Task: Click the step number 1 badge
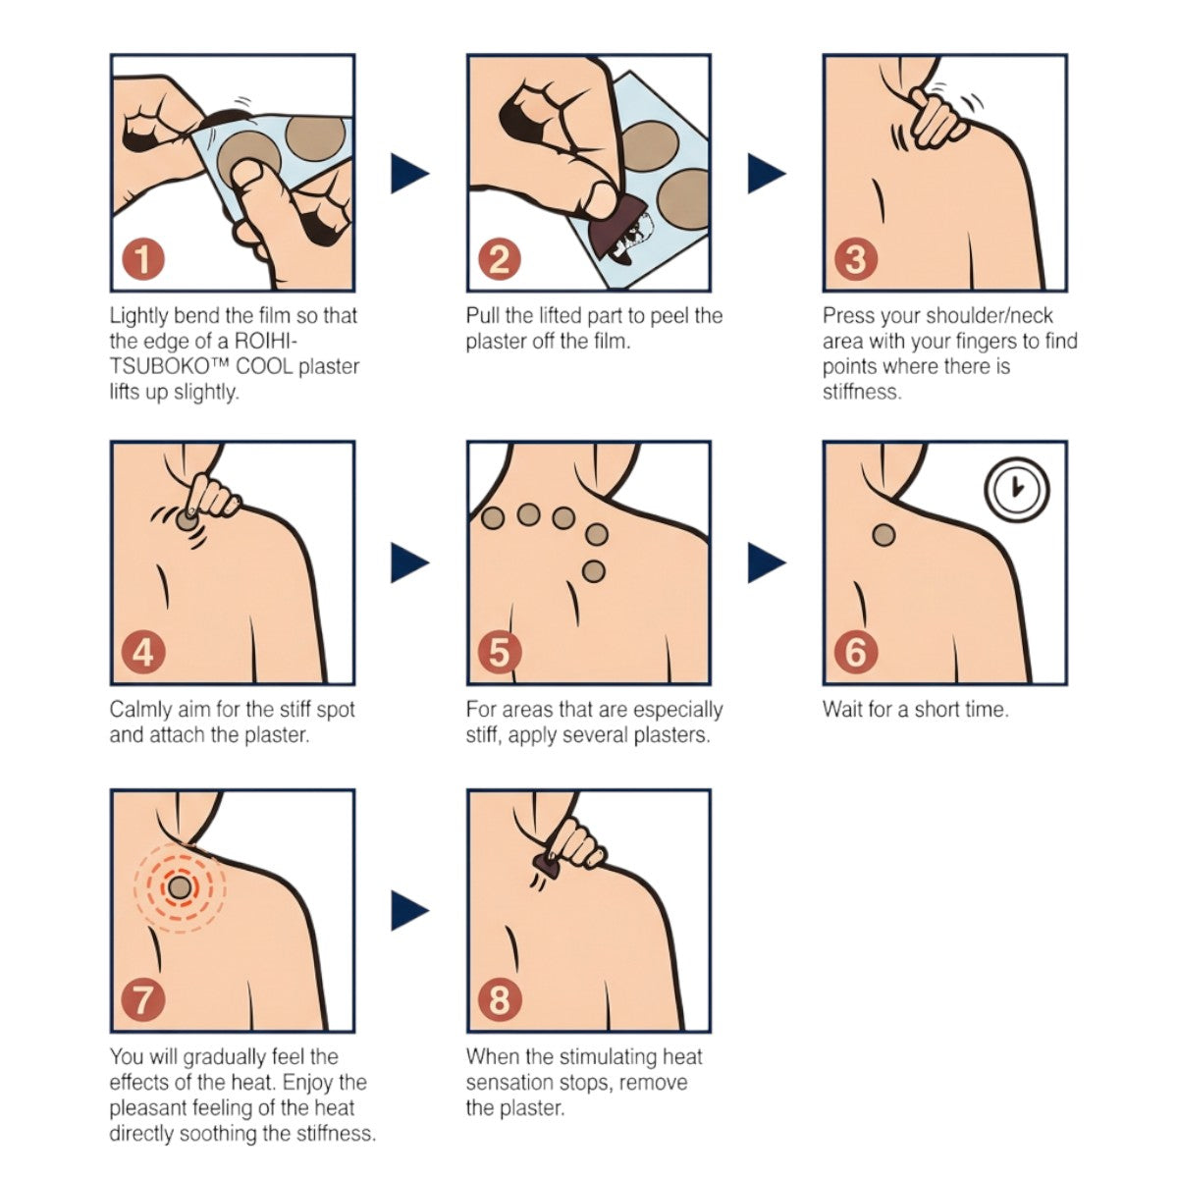[x=144, y=260]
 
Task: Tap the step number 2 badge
[x=500, y=260]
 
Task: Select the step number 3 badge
[x=856, y=260]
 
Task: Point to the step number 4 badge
[x=144, y=652]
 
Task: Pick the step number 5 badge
[x=500, y=652]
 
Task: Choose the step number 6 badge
[x=856, y=652]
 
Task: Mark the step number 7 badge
[x=144, y=1000]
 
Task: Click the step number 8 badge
[x=500, y=1000]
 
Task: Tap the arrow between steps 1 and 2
[x=408, y=173]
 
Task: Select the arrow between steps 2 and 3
[x=766, y=173]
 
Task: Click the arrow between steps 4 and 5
[x=408, y=562]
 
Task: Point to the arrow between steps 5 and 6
[x=766, y=562]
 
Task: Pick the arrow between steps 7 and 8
[x=408, y=911]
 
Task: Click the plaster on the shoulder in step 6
[x=883, y=536]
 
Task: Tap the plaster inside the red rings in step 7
[x=180, y=888]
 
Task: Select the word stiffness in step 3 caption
[x=861, y=393]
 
